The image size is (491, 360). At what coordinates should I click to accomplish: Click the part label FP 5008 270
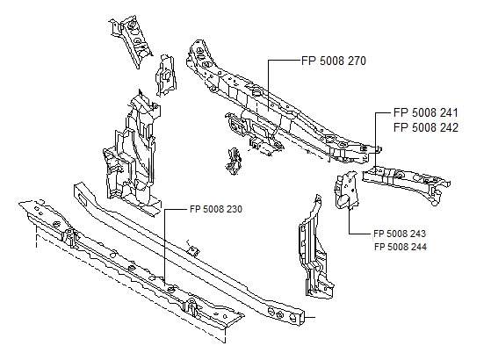coord(334,61)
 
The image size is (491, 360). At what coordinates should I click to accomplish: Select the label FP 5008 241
coord(425,112)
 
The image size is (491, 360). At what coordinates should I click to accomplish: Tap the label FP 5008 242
coord(425,127)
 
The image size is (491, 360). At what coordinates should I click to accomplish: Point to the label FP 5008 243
coord(400,234)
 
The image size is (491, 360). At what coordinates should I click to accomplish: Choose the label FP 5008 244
coord(401,247)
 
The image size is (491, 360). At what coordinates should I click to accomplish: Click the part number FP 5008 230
coord(216,209)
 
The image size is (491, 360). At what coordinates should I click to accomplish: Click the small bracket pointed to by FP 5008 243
coord(347,190)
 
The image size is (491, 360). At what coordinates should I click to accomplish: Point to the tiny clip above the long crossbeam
coord(193,248)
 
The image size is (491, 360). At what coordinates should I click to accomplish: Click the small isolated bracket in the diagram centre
coord(234,161)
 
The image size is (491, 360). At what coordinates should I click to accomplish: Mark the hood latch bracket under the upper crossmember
coord(254,132)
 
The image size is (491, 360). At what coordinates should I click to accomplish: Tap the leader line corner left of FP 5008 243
coord(349,234)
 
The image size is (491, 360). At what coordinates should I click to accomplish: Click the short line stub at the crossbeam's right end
coord(309,317)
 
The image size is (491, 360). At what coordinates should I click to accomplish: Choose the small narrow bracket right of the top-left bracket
coord(165,76)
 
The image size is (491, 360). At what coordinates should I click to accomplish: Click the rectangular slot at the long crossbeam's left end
coord(83,198)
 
